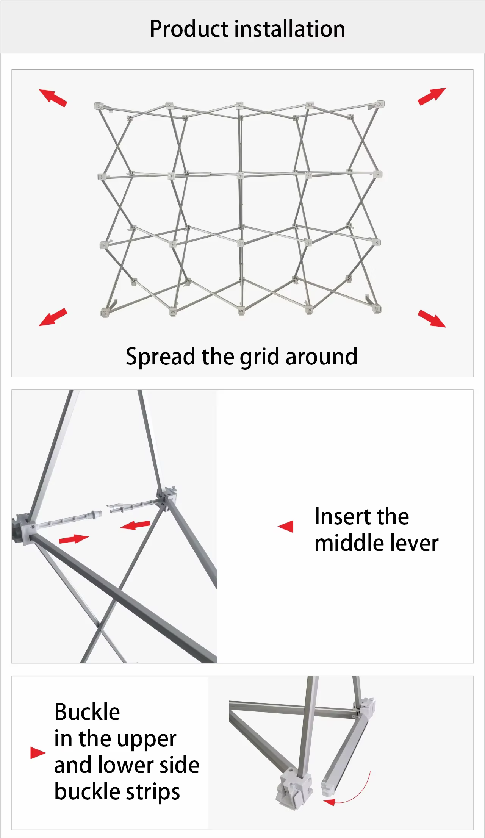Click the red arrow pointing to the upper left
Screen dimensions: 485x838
click(x=53, y=97)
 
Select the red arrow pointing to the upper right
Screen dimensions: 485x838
click(x=432, y=96)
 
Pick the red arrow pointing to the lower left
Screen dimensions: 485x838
click(x=53, y=317)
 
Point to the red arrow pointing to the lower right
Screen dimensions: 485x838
click(x=432, y=318)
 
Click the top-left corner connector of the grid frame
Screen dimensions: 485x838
click(x=99, y=106)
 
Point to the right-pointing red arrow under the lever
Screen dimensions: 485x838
click(x=74, y=538)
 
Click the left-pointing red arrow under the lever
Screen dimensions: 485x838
click(x=135, y=525)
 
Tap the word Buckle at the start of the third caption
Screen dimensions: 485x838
click(x=87, y=712)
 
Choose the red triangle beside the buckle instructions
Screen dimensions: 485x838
click(x=38, y=753)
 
